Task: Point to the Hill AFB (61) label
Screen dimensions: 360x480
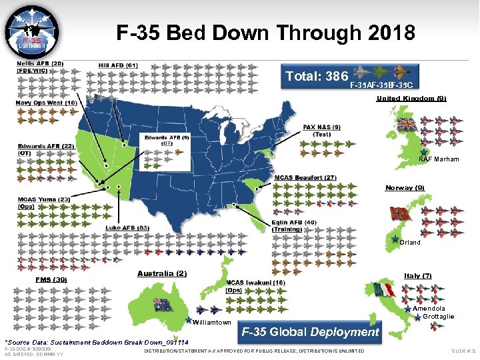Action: pyautogui.click(x=118, y=65)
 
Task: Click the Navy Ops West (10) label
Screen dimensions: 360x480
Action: pyautogui.click(x=47, y=103)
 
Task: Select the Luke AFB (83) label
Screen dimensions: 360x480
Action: pyautogui.click(x=127, y=228)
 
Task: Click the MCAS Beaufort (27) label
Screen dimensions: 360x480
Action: pyautogui.click(x=305, y=177)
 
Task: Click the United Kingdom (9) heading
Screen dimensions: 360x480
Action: pyautogui.click(x=411, y=99)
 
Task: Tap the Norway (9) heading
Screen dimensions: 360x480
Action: pyautogui.click(x=405, y=187)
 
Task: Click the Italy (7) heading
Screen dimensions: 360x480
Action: pyautogui.click(x=418, y=275)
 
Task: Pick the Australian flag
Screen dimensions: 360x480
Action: pyautogui.click(x=162, y=305)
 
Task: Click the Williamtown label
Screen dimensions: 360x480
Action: pyautogui.click(x=211, y=323)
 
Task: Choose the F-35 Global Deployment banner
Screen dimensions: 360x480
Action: pyautogui.click(x=309, y=332)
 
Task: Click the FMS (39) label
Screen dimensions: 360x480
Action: pyautogui.click(x=51, y=279)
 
